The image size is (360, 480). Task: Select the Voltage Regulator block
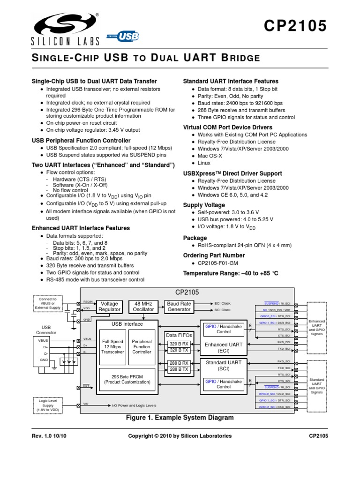(110, 307)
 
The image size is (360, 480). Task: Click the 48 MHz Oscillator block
(143, 307)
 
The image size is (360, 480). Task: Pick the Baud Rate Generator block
(179, 307)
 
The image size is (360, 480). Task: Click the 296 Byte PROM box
(127, 379)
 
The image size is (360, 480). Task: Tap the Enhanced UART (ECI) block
(224, 347)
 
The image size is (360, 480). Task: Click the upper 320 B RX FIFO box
(178, 344)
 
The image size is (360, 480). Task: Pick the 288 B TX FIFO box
(178, 370)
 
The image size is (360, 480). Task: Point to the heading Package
(195, 238)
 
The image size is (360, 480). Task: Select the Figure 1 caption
(180, 417)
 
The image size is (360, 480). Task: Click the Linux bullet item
(204, 163)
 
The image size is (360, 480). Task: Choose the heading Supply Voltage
(203, 205)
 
